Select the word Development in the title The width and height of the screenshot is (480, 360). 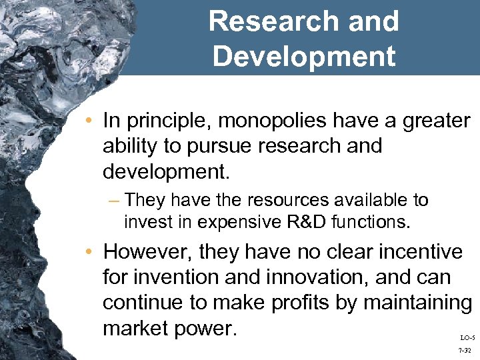pos(303,56)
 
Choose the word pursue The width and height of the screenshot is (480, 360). pos(230,146)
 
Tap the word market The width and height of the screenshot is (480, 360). pos(138,327)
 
